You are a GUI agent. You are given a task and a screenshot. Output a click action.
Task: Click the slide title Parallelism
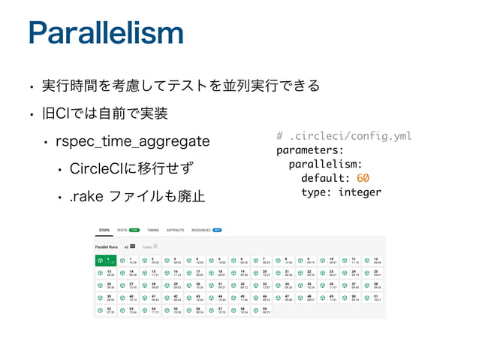point(104,34)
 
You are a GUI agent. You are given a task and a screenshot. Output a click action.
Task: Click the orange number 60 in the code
point(363,178)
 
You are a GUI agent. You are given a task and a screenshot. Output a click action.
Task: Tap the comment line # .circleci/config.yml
point(344,136)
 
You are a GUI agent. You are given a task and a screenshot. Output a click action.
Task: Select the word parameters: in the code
point(310,150)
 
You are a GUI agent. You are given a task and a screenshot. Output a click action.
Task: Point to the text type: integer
point(341,192)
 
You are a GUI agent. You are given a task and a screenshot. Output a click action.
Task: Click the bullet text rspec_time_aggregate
point(135,141)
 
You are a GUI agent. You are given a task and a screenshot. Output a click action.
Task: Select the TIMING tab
point(153,231)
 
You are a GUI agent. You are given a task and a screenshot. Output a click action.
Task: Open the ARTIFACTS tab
point(176,231)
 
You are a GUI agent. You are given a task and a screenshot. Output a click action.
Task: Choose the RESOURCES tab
point(201,231)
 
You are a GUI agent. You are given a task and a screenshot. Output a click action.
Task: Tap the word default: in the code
point(325,178)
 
